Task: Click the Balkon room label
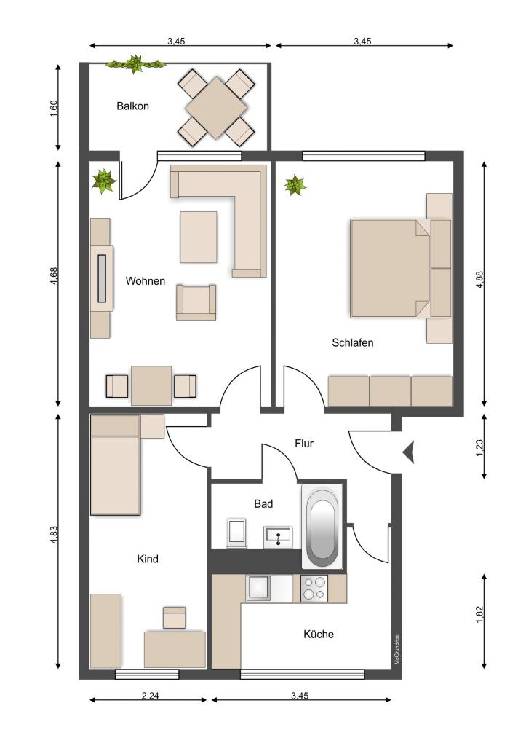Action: [132, 106]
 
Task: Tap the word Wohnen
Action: [146, 281]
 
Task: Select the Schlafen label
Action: [353, 342]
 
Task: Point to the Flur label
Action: [304, 444]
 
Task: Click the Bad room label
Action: [263, 504]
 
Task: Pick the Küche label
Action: [319, 635]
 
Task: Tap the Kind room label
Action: [147, 559]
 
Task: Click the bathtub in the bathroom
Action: [322, 527]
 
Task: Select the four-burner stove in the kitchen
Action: [314, 589]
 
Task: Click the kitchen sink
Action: [258, 588]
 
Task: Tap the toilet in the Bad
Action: [236, 533]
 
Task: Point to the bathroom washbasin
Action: [278, 537]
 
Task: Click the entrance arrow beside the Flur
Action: [409, 452]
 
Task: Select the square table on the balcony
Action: [217, 108]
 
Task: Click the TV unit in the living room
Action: [102, 278]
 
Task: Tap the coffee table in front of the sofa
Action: [199, 237]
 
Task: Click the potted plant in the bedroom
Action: [295, 185]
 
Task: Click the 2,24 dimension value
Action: [150, 696]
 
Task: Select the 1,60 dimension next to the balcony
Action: [53, 108]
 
